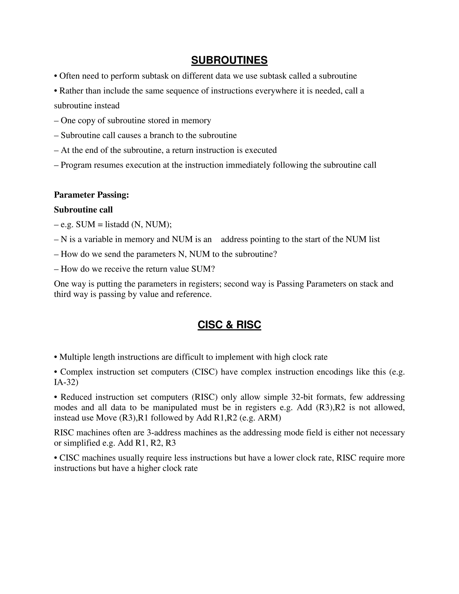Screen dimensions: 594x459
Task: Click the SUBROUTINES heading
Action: pos(229,60)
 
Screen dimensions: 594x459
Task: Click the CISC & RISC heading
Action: pos(229,325)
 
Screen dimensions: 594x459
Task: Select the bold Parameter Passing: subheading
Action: pos(91,195)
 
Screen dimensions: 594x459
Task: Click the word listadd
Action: pos(117,224)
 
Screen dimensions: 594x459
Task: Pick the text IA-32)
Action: pos(66,382)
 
